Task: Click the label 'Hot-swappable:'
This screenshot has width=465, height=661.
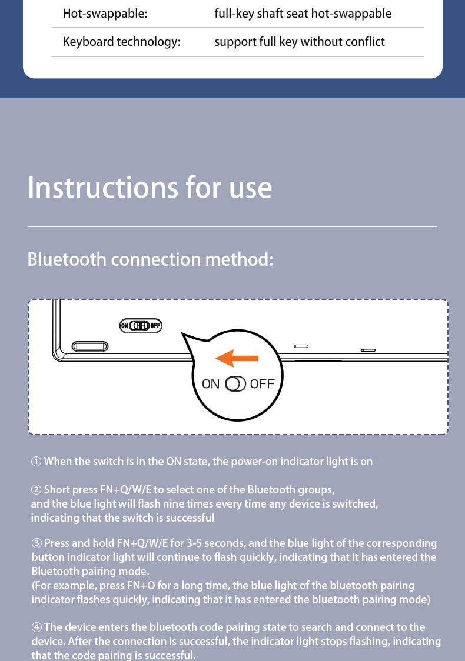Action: (x=105, y=14)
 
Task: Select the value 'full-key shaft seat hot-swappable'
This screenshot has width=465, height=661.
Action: (x=303, y=14)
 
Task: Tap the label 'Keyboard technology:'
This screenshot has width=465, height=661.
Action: (x=121, y=42)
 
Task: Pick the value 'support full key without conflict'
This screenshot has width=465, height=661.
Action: (x=300, y=42)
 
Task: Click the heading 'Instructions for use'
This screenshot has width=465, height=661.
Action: (x=150, y=187)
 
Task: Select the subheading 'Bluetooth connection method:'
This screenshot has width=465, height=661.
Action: (x=150, y=259)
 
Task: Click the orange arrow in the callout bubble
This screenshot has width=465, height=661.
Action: (x=237, y=358)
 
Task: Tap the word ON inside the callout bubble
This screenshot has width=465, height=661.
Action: (x=211, y=384)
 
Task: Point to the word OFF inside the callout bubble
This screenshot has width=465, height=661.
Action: (x=262, y=384)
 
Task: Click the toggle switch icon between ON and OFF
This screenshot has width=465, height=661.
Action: (x=235, y=384)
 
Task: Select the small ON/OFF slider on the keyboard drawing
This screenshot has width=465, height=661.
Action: (x=141, y=325)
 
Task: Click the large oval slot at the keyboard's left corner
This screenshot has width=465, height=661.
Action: (x=90, y=346)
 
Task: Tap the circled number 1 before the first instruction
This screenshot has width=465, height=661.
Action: (x=36, y=462)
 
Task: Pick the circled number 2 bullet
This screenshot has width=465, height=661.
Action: (x=36, y=490)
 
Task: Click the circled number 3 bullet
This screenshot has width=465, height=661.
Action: (x=36, y=543)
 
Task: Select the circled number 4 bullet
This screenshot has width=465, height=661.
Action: (x=36, y=627)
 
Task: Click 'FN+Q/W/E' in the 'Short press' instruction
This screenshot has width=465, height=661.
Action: (x=125, y=490)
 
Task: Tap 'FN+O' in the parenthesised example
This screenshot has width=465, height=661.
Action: (x=141, y=586)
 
